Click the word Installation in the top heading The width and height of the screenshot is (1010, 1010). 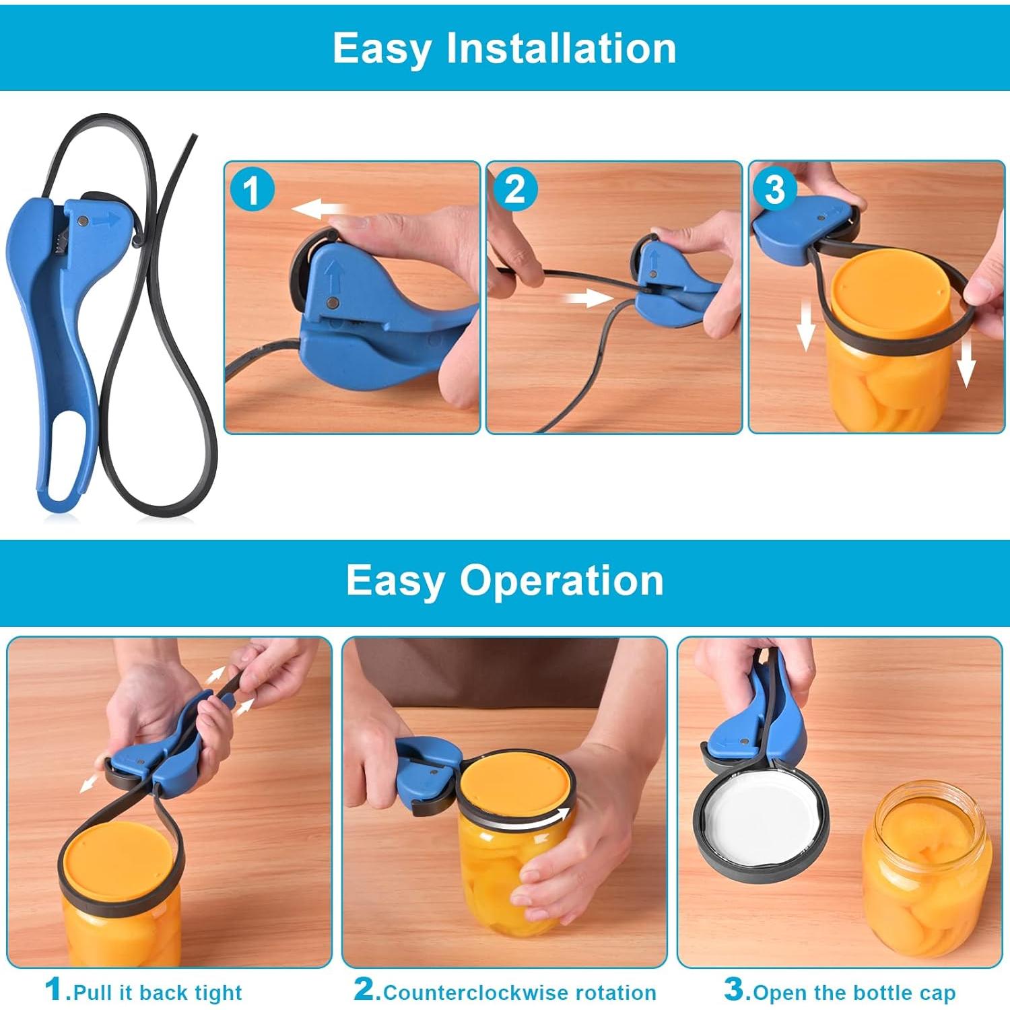pyautogui.click(x=561, y=48)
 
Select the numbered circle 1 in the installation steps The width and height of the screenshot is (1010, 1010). pyautogui.click(x=252, y=190)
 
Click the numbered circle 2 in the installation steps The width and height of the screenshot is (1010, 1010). pyautogui.click(x=514, y=189)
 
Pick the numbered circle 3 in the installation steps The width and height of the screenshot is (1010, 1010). pyautogui.click(x=775, y=189)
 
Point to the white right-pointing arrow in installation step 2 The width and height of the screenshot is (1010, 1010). pyautogui.click(x=587, y=297)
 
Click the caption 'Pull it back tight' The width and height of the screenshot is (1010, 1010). pyautogui.click(x=158, y=992)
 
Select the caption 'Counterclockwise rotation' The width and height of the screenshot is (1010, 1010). pyautogui.click(x=519, y=992)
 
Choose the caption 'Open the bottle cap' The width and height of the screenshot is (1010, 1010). pyautogui.click(x=854, y=992)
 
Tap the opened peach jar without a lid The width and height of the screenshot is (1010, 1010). pyautogui.click(x=928, y=869)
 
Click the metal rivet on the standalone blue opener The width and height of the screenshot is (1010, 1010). pyautogui.click(x=83, y=221)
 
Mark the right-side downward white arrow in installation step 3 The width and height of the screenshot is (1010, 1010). pyautogui.click(x=966, y=362)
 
